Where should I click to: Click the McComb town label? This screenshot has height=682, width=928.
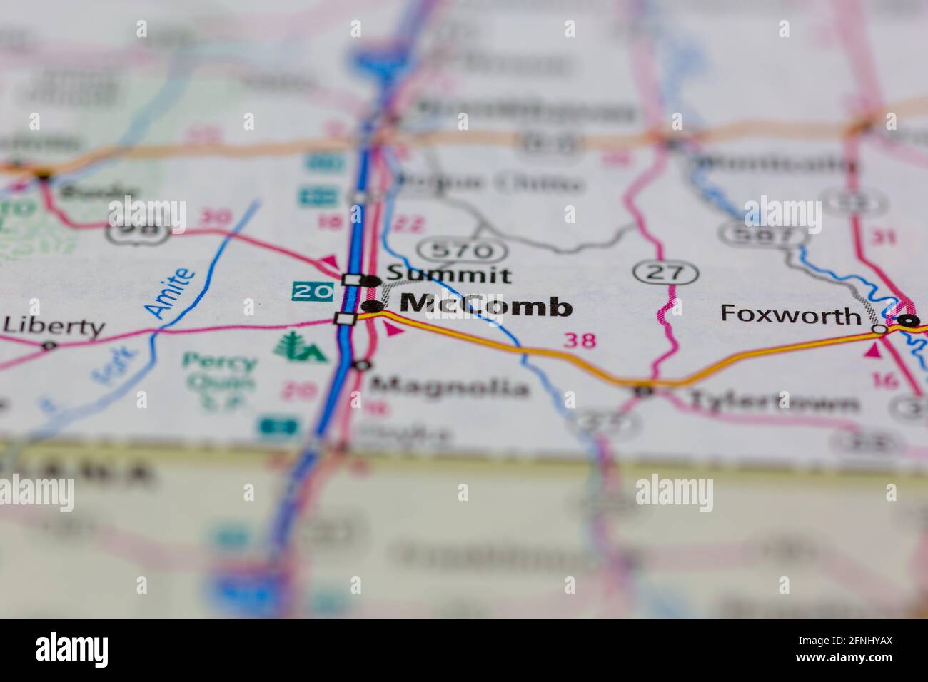pos(485,305)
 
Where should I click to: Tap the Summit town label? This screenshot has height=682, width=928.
pos(448,275)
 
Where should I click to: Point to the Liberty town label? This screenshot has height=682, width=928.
pos(54,327)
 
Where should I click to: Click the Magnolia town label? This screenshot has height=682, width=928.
pos(450,387)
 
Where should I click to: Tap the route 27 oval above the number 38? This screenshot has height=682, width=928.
pos(665,272)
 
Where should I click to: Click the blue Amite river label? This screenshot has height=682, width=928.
pos(169,292)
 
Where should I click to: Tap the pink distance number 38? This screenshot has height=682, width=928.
pos(579,340)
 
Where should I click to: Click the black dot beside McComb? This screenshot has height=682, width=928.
pos(371,307)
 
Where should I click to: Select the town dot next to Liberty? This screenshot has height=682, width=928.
pos(49,346)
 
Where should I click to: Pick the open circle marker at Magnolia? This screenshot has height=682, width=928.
pos(363,365)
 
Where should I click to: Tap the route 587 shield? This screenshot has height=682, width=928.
pos(754,233)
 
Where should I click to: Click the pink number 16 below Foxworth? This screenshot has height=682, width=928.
pos(886,380)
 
